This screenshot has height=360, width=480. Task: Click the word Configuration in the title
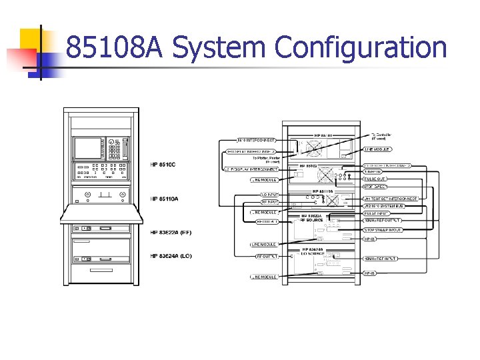[x=360, y=48]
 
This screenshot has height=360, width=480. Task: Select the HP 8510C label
[x=164, y=165]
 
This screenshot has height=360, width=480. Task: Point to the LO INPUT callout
[x=270, y=195]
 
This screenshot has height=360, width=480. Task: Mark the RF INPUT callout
[x=269, y=201]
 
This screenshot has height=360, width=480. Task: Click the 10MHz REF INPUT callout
[x=381, y=258]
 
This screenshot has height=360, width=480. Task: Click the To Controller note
[x=381, y=135]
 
